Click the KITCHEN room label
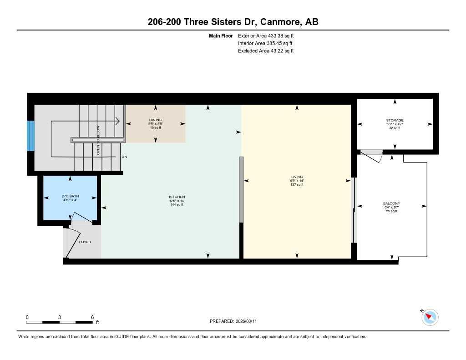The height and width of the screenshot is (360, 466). pos(177,197)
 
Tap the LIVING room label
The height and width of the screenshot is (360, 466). pos(297,177)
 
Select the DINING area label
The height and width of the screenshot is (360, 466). pos(155,120)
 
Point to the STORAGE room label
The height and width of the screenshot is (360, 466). pos(395,121)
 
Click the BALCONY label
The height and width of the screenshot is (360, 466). pos(391,203)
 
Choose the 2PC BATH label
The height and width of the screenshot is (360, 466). pos(70,196)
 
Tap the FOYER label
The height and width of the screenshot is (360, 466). pos(85,242)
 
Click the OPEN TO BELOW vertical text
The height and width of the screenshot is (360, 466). pos(98,141)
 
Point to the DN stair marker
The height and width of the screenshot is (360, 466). pos(124,157)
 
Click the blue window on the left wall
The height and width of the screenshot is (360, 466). pos(30,136)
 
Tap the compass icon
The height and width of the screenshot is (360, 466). pos(430,317)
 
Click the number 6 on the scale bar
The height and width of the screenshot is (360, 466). pos(92,317)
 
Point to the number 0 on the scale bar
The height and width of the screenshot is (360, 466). pos(27,317)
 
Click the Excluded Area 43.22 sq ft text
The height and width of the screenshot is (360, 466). pos(266,51)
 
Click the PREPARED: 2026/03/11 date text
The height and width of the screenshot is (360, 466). pos(236,321)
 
